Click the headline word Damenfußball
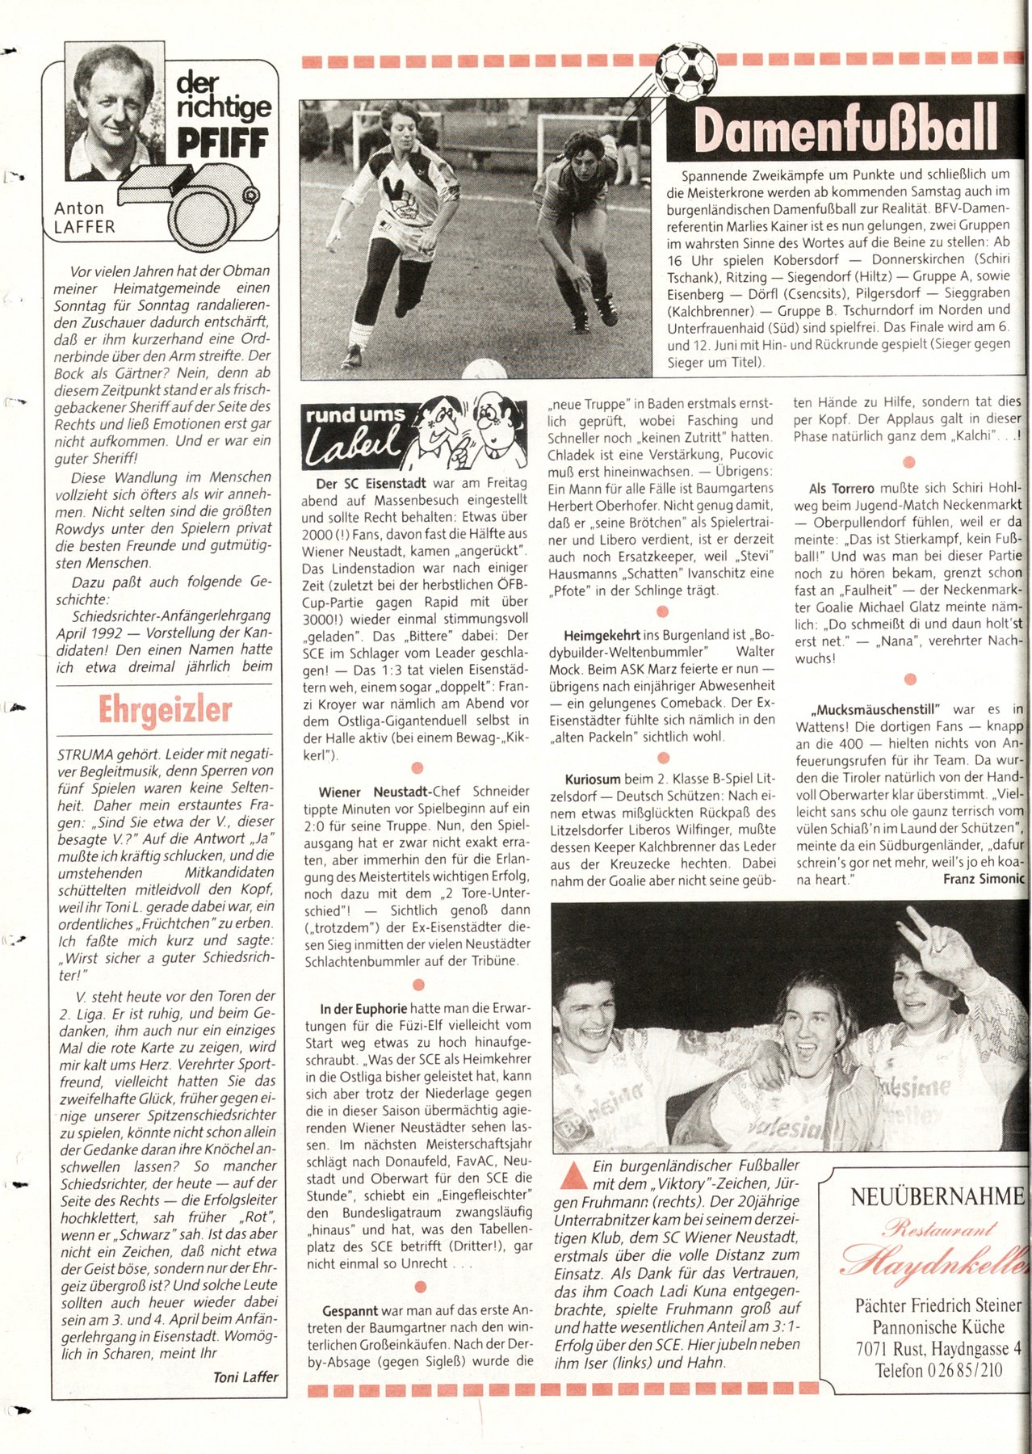point(845,129)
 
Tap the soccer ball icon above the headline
point(686,69)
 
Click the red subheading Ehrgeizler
point(166,710)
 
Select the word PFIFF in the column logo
point(223,144)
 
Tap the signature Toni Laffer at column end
point(245,1377)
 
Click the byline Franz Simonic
point(984,879)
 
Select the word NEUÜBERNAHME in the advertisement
point(937,1197)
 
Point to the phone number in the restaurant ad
point(938,1370)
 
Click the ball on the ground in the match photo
point(485,370)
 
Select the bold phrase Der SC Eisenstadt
point(371,484)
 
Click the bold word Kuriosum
point(593,780)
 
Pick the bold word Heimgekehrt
point(602,635)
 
